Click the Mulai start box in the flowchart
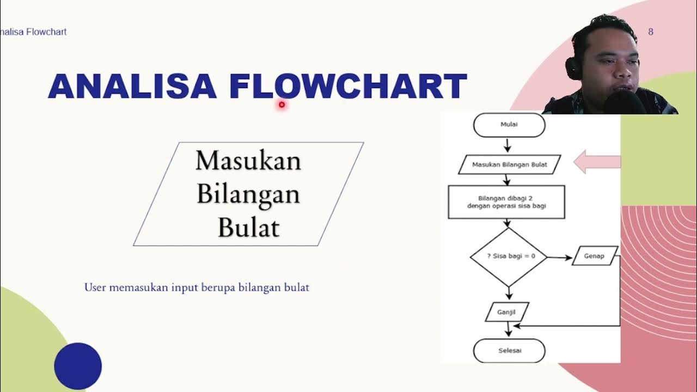[x=509, y=125]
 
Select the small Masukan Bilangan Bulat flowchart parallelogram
[x=509, y=164]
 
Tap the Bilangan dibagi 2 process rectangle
[x=506, y=202]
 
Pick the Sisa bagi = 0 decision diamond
[x=509, y=256]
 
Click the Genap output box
[x=595, y=256]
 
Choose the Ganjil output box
[x=506, y=313]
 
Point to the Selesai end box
[x=509, y=351]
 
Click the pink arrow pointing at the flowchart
[x=597, y=162]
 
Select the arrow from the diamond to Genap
[x=560, y=257]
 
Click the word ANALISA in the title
[x=132, y=87]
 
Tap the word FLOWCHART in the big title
[x=348, y=87]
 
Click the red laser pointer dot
[x=282, y=105]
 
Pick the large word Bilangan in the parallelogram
[x=248, y=194]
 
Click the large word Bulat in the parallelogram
[x=248, y=227]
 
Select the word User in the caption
[x=95, y=287]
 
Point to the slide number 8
[x=650, y=32]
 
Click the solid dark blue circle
[x=78, y=366]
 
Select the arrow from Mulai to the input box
[x=508, y=145]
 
